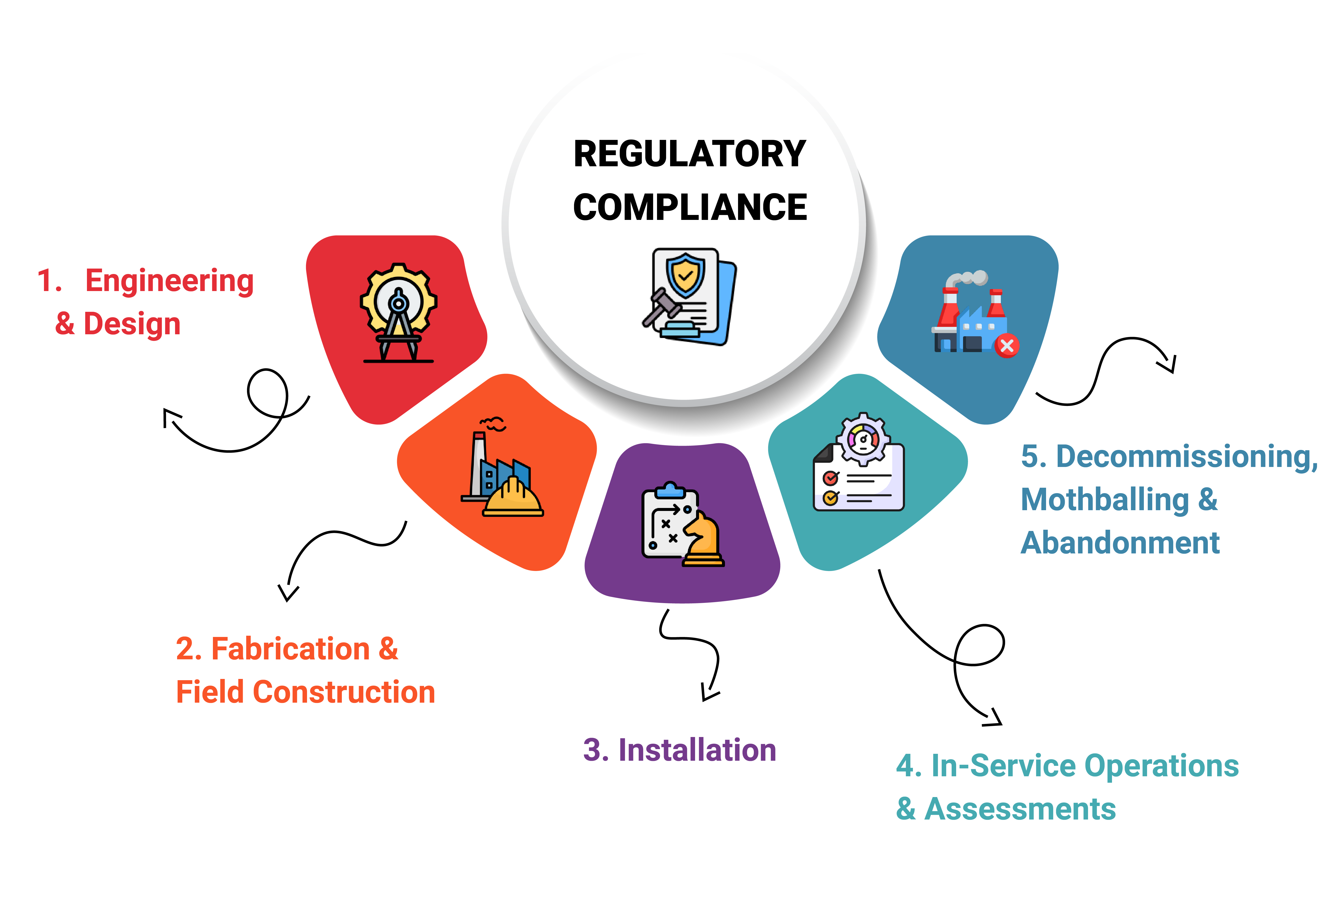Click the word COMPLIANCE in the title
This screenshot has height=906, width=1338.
tap(690, 207)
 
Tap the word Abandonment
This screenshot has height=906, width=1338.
tap(1120, 543)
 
